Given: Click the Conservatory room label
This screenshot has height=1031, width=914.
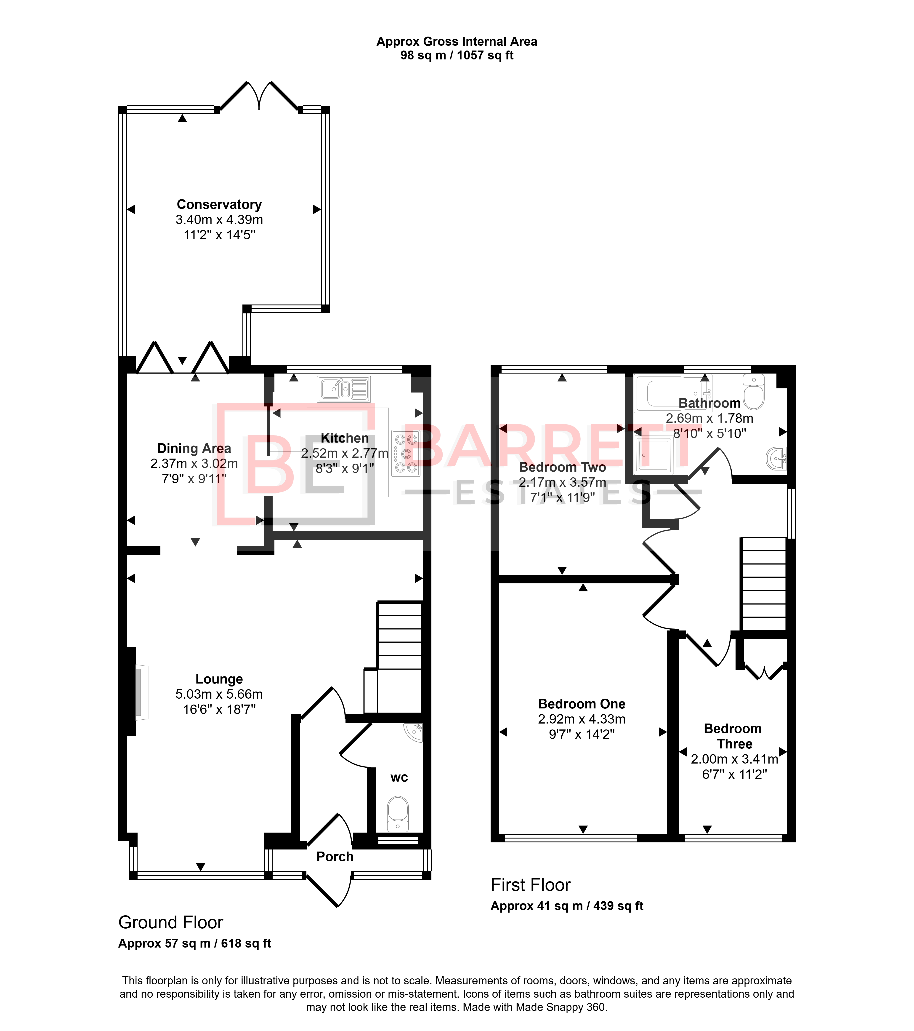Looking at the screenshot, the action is click(x=219, y=204).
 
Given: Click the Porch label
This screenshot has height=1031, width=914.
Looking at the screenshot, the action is click(x=335, y=857).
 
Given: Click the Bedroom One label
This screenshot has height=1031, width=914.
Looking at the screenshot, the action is click(x=582, y=704).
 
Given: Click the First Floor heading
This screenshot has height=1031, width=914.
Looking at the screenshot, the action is click(x=530, y=885).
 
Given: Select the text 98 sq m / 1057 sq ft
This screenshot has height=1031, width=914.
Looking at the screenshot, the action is click(x=457, y=56).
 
